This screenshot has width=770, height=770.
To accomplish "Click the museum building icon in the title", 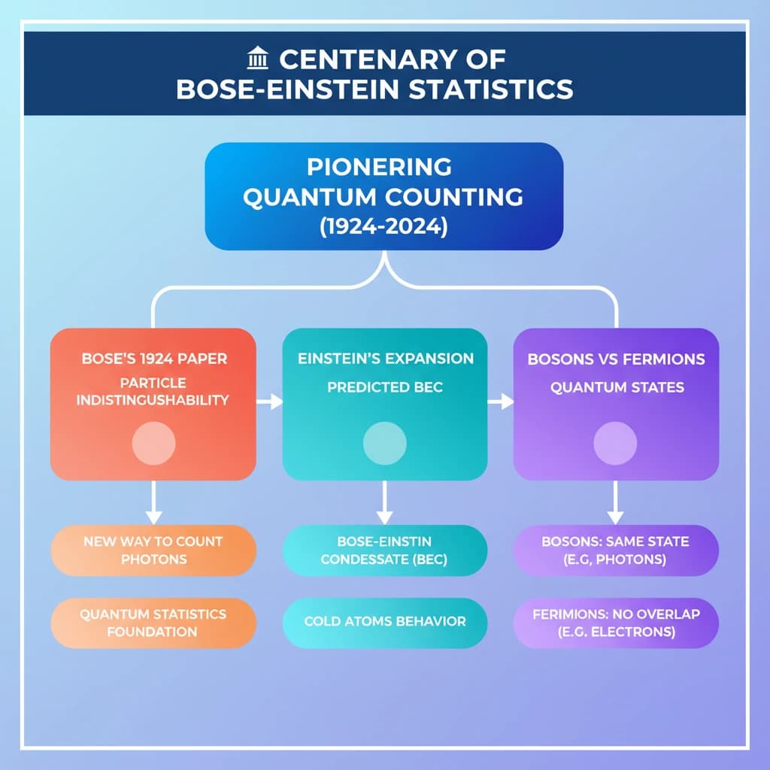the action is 258,58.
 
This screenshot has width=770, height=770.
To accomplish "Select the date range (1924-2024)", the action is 383,227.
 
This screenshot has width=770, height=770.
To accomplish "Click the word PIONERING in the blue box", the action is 379,167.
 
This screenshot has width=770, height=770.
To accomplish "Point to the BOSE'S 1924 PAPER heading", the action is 154,359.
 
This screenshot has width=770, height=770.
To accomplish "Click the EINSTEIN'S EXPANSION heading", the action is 386,359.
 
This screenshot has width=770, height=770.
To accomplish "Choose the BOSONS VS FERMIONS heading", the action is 617,359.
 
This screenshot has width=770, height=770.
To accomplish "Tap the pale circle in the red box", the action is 153,443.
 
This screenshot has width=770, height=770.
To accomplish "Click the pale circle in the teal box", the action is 384,443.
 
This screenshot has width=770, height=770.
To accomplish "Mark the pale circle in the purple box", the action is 615,443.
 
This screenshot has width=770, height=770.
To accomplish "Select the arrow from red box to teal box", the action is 270,402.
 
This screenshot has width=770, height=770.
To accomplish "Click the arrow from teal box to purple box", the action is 500,402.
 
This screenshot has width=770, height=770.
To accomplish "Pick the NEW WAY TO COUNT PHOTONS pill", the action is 153,550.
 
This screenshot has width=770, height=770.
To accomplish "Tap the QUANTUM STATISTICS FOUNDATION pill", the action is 153,623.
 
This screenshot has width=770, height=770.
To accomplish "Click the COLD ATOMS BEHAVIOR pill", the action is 384,623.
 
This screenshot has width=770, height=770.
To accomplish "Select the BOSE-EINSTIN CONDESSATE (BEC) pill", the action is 384,550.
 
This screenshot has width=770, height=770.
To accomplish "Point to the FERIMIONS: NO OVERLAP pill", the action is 617,623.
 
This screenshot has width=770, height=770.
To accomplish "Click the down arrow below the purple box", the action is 615,502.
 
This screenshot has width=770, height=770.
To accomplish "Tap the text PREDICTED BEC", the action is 385,387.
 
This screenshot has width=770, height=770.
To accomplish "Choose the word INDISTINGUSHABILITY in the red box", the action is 153,400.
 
